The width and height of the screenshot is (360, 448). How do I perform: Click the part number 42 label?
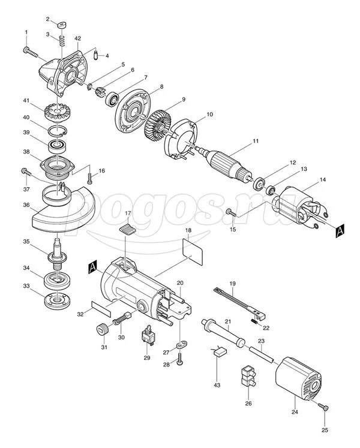(77, 38)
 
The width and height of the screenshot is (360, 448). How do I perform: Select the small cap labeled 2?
(61, 25)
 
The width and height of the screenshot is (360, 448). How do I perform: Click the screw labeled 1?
(30, 52)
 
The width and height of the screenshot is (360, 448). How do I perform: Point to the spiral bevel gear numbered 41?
(57, 111)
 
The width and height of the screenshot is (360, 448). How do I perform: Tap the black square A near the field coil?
(340, 230)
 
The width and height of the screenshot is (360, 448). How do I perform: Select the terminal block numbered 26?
(248, 375)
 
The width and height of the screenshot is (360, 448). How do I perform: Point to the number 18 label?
(188, 230)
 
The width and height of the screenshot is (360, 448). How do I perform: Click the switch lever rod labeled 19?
(240, 303)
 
